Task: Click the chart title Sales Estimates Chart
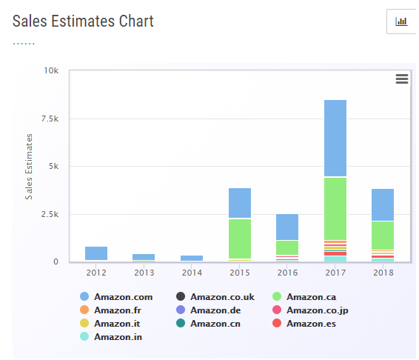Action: pos(83,21)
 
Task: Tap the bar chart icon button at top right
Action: pos(401,21)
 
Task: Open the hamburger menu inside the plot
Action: pos(402,79)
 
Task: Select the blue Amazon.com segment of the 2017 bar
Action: pos(335,138)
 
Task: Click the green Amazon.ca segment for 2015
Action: pos(240,239)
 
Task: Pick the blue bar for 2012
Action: pos(96,253)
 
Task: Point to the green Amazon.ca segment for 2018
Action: pos(383,236)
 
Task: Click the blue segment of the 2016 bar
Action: pos(287,227)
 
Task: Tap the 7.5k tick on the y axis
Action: pos(50,119)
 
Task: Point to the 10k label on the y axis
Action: pos(51,70)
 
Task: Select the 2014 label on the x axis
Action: pos(192,273)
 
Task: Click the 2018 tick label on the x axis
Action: pos(383,273)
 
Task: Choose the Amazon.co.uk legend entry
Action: pos(215,296)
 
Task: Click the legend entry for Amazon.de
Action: pos(209,310)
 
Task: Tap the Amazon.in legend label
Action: pos(118,337)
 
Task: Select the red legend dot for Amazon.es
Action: pos(277,324)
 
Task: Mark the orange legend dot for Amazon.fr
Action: pos(84,310)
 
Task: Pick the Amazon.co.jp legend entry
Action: pos(310,310)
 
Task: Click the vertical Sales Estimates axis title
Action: pos(29,167)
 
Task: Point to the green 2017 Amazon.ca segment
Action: pos(335,209)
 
